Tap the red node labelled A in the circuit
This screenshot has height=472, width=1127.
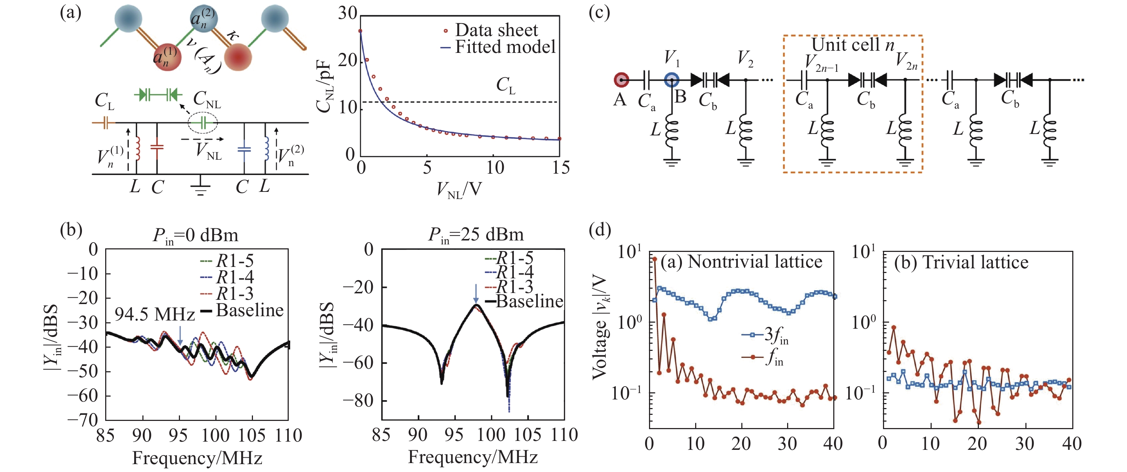621,80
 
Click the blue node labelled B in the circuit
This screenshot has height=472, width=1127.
672,80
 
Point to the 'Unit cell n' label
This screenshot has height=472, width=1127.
852,45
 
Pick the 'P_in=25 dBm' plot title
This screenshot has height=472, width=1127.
475,235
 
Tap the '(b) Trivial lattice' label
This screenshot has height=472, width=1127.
961,262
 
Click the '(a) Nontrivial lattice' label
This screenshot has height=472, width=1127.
741,262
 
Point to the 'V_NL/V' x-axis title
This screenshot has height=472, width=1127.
459,190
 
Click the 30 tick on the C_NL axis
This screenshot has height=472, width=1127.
348,14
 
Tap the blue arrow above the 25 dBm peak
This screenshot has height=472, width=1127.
476,293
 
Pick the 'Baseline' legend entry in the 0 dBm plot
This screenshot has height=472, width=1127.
249,310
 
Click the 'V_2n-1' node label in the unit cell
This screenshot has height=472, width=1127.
821,63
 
